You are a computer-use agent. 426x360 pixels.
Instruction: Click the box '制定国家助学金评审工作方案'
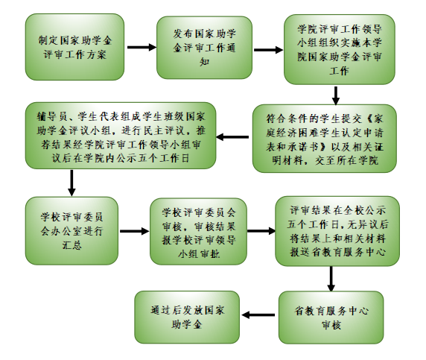(x=74, y=47)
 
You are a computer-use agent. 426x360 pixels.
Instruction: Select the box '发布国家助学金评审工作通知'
(x=204, y=48)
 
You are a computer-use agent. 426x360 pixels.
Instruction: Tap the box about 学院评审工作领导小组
(x=340, y=49)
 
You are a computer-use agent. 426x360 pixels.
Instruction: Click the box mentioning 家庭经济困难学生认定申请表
(x=325, y=139)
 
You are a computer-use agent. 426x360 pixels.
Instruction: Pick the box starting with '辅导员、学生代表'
(x=121, y=136)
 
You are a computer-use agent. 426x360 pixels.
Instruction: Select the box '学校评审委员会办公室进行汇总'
(x=71, y=231)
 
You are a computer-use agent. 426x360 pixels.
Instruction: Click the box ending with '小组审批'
(x=199, y=231)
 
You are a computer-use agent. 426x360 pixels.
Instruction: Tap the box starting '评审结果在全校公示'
(x=337, y=231)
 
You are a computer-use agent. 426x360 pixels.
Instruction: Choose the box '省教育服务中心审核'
(x=331, y=318)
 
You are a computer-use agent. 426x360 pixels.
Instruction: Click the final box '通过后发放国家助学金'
(x=187, y=317)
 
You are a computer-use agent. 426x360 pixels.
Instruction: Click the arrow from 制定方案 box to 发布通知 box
(x=142, y=47)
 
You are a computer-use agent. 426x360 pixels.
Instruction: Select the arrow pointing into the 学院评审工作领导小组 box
(x=268, y=50)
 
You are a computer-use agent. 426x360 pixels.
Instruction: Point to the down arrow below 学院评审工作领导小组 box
(x=336, y=95)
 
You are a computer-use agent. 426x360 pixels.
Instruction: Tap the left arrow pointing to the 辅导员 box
(x=232, y=137)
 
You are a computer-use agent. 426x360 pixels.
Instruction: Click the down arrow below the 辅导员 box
(x=71, y=183)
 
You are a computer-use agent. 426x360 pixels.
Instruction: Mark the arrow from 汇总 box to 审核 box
(x=135, y=231)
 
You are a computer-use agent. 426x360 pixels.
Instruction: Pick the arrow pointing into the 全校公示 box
(x=261, y=231)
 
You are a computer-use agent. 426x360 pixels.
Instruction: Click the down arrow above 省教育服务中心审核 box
(x=331, y=279)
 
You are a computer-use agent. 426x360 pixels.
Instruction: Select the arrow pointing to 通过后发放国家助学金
(x=258, y=315)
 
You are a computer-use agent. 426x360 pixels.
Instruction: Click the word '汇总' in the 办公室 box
(x=71, y=245)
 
